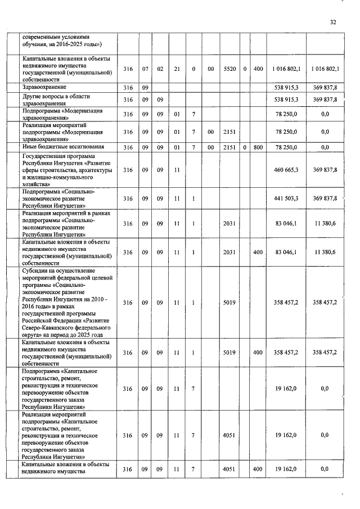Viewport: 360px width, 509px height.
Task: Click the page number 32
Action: pos(332,22)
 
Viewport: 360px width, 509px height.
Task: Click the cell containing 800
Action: pos(258,147)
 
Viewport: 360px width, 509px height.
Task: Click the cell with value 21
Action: pos(177,69)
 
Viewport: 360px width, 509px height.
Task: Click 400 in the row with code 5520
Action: pos(258,69)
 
